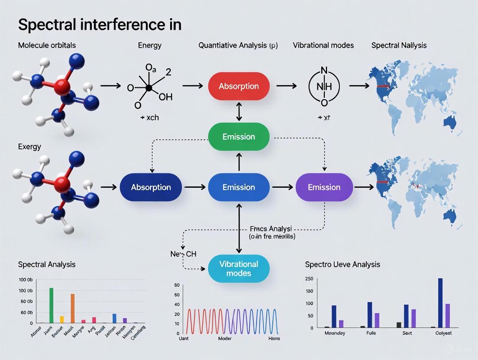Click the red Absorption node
tap(239, 86)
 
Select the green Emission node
tap(239, 137)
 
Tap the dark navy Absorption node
tap(151, 187)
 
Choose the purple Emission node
tap(324, 187)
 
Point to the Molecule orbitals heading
tap(46, 45)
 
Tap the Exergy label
tap(29, 147)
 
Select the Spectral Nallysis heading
tap(399, 45)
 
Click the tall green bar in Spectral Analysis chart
tap(51, 305)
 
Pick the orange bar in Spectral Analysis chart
tap(72, 308)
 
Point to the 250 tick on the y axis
tap(309, 279)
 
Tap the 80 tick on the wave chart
tap(176, 285)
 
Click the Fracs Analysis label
tap(271, 228)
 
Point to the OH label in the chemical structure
tap(165, 97)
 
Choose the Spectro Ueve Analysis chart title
tap(342, 264)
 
